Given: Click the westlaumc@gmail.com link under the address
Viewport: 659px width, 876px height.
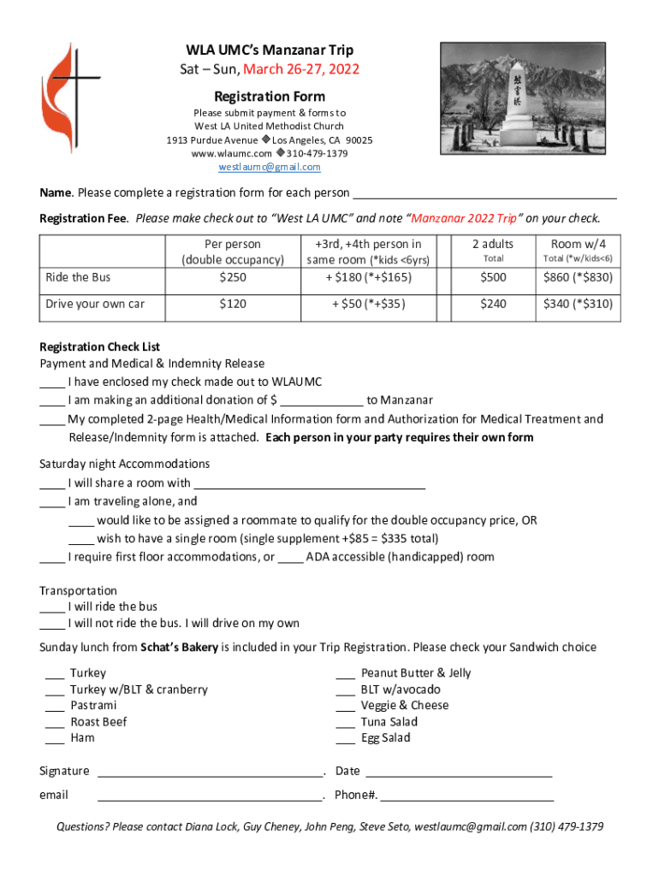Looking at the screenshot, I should pos(269,167).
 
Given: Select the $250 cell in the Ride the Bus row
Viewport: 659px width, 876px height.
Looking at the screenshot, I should pos(232,277).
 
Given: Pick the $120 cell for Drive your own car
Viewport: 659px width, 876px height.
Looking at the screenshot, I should pos(232,304).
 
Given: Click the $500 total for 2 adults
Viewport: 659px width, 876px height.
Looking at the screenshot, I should pos(493,277).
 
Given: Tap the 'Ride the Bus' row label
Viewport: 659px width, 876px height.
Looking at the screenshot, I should pos(79,277).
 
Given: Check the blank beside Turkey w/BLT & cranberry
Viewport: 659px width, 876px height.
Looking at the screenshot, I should pos(55,690).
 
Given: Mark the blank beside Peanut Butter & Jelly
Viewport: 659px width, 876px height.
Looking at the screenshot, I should pos(346,673).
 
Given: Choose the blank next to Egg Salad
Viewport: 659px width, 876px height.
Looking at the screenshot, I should pos(346,738).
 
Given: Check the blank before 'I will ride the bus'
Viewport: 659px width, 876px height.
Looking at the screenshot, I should pos(52,607).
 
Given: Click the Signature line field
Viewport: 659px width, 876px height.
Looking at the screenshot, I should pos(211,772).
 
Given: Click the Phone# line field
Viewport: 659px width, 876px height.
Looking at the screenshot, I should pos(467,796).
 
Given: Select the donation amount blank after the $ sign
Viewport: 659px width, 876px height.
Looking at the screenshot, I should pos(321,400).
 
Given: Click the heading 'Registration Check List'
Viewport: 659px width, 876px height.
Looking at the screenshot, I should pos(100,346).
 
